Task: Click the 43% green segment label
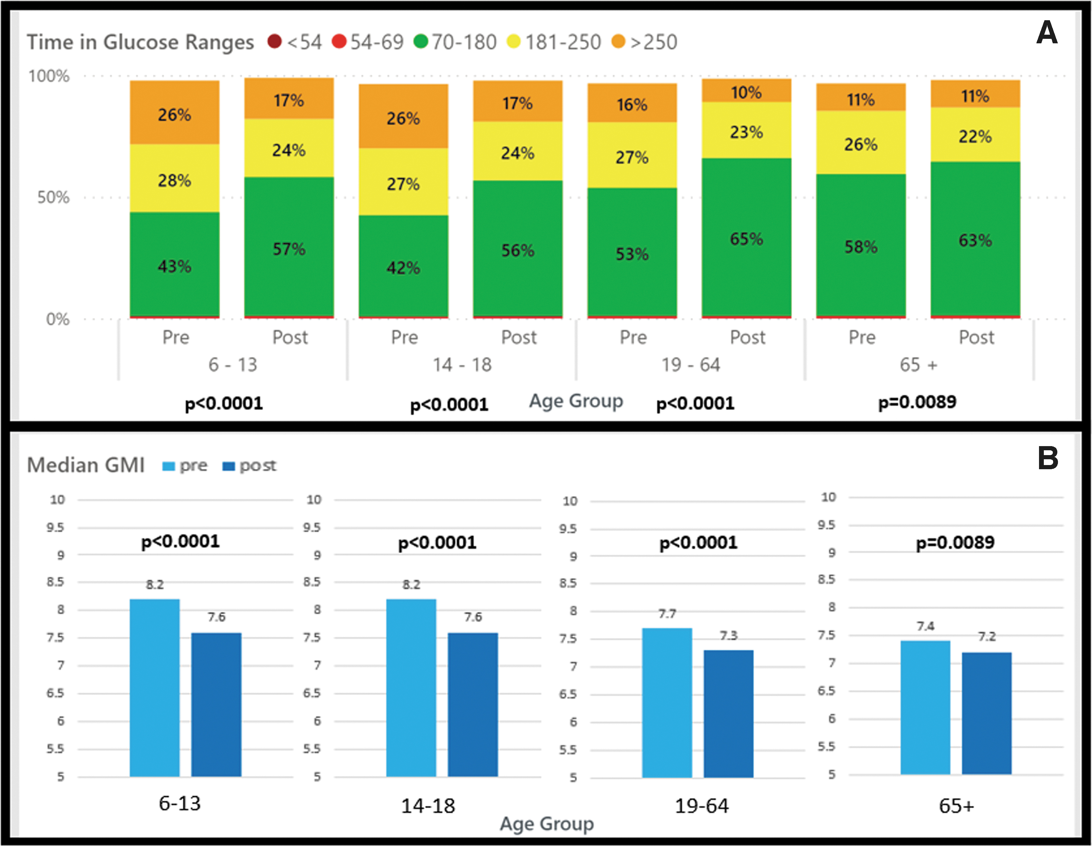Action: coord(174,266)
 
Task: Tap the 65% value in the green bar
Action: coord(746,239)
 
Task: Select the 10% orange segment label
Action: coord(746,92)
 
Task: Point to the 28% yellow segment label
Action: coord(174,180)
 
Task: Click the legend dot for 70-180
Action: coord(421,41)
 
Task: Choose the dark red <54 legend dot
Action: coord(275,41)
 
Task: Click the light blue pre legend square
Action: coord(169,466)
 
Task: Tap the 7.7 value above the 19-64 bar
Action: coord(667,614)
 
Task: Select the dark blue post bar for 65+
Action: coord(987,713)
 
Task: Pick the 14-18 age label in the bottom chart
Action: coord(428,806)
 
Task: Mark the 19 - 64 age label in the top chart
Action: coord(691,365)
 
